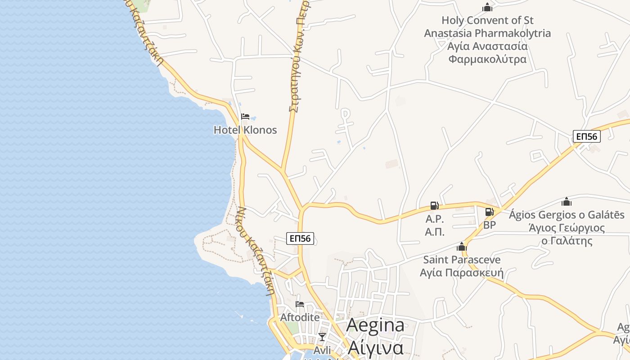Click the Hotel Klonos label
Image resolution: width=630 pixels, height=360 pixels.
[245, 130]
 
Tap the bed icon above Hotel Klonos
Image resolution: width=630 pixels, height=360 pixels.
[245, 117]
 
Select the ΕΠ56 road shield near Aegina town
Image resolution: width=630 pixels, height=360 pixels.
[300, 238]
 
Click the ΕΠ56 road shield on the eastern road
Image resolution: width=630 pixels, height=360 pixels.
[587, 136]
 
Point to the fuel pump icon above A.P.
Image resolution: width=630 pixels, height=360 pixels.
[434, 206]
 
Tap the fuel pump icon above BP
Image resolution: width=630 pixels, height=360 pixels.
[489, 211]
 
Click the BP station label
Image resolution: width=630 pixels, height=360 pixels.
[489, 225]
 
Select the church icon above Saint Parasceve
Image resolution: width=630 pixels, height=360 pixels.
[461, 247]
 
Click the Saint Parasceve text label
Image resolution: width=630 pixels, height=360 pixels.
[462, 260]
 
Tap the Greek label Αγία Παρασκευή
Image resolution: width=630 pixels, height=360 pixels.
[462, 273]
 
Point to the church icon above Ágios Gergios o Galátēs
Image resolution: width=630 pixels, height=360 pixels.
[567, 202]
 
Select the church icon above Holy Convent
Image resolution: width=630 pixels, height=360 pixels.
[487, 7]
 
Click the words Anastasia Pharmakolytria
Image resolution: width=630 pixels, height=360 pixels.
[487, 33]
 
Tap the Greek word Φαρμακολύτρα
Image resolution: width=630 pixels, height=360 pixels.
[487, 59]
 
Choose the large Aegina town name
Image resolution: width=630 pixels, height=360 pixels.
[376, 325]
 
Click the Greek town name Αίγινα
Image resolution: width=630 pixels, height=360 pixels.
[376, 348]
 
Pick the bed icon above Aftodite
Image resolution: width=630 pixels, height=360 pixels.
[300, 304]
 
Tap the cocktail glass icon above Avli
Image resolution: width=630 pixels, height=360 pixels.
[322, 337]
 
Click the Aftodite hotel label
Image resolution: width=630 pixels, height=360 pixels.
[300, 317]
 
